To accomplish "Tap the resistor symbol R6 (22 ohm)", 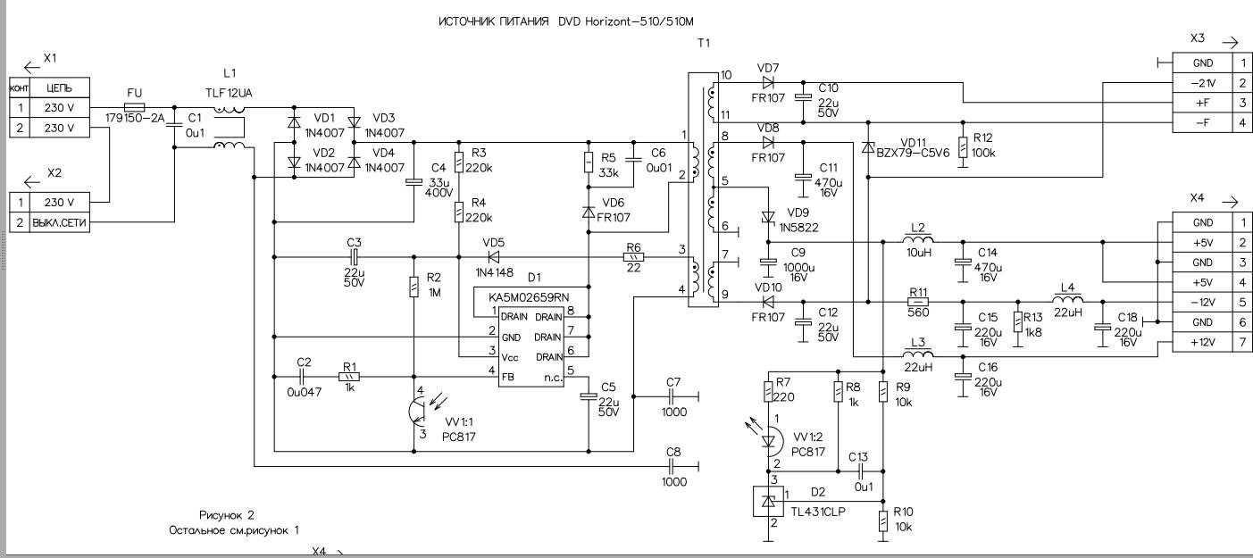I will click(x=633, y=257).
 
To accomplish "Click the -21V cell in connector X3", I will click(x=1203, y=83).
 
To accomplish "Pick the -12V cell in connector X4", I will click(x=1203, y=302).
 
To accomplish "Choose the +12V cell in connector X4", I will click(x=1203, y=342).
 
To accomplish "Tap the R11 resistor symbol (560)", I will click(x=918, y=302).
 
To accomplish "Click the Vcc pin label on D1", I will click(x=510, y=356).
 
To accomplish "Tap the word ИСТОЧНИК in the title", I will click(x=472, y=21).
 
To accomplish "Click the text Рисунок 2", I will click(x=227, y=515).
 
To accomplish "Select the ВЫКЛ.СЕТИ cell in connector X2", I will click(x=60, y=221).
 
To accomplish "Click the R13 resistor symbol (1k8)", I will click(x=1017, y=323).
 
